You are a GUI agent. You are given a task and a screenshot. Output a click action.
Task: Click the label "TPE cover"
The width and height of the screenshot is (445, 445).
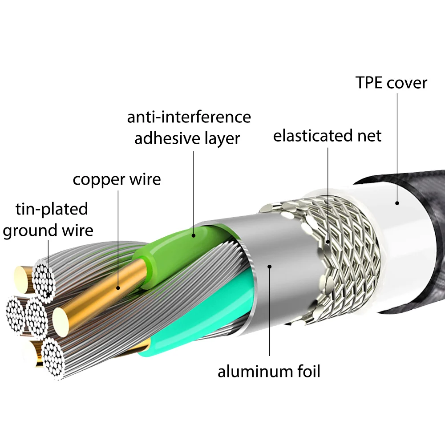(391, 83)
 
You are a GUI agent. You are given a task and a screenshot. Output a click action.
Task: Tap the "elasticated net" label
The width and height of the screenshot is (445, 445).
(327, 136)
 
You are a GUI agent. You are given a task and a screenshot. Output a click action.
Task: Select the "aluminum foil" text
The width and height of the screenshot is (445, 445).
(269, 371)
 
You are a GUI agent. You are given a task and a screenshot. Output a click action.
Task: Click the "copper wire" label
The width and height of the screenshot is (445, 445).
(117, 180)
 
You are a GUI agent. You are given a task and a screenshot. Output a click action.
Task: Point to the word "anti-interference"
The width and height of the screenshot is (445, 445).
(189, 117)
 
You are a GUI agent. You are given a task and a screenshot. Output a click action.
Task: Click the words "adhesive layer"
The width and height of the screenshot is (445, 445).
(187, 138)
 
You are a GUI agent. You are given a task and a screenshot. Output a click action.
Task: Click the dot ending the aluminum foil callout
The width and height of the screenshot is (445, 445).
(269, 266)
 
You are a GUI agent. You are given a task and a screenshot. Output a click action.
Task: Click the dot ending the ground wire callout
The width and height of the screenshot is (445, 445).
(48, 295)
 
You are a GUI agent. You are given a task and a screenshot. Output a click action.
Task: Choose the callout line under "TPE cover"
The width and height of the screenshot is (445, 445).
(397, 147)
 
